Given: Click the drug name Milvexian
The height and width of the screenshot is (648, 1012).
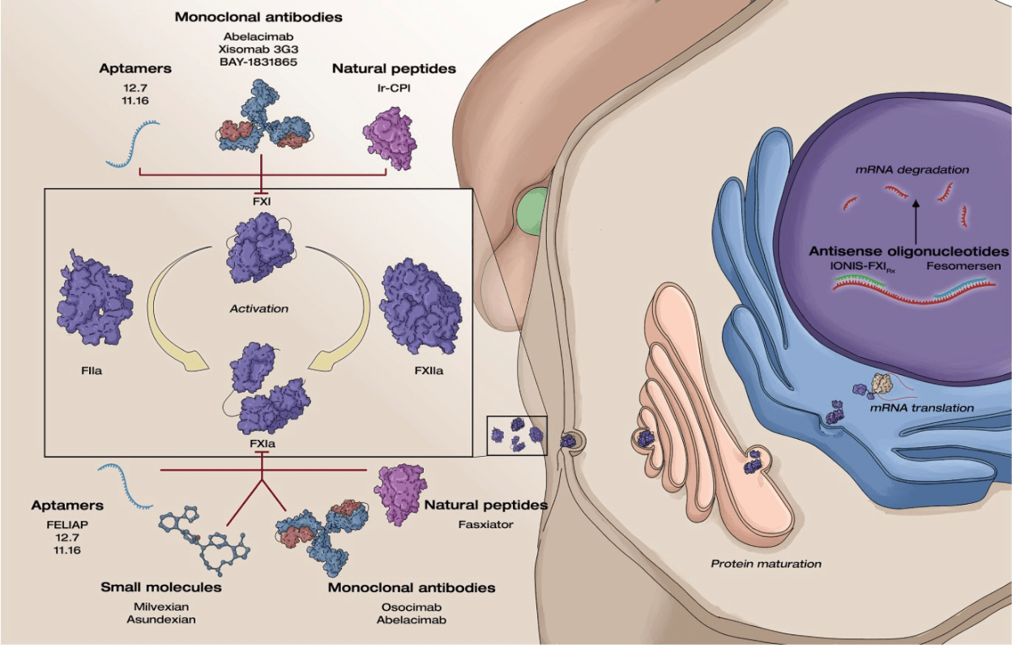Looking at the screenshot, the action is (x=161, y=607).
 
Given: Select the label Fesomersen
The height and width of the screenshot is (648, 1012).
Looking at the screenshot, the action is (x=963, y=266).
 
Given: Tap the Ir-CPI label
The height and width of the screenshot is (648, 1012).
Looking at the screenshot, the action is (x=394, y=88).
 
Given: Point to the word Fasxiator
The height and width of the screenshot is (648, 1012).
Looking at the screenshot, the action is (x=485, y=525).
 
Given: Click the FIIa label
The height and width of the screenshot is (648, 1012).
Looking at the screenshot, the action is (x=92, y=371).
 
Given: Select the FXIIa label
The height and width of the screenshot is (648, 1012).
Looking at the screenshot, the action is (x=429, y=371).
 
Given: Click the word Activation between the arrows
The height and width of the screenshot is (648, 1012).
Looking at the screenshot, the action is (x=258, y=309).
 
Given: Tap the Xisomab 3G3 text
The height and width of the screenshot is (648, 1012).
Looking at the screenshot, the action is (x=258, y=49).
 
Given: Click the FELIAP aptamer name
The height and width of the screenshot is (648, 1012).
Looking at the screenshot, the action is (x=67, y=525).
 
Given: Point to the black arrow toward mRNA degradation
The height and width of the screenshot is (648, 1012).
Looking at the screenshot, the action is (x=916, y=222).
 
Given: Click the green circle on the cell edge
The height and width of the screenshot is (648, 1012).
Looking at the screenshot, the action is (x=532, y=211).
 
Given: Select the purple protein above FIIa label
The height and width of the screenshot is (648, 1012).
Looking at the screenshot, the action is (x=95, y=297).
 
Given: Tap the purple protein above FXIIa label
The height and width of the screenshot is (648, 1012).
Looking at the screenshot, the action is (x=421, y=305).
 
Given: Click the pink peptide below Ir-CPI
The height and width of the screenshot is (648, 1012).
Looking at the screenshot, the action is (x=390, y=139).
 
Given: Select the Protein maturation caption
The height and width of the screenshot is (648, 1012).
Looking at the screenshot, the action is (x=766, y=564).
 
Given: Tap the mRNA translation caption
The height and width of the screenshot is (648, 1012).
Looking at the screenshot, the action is (x=922, y=408).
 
